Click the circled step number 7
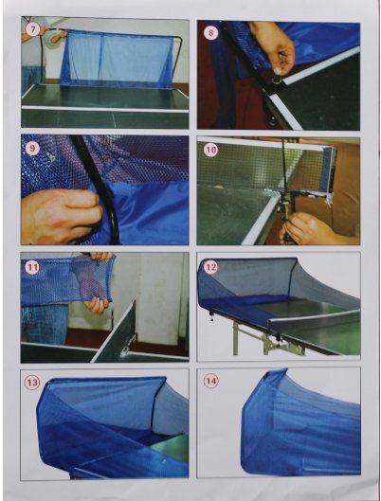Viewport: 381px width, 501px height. [x=32, y=29]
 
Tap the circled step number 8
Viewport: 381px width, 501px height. [x=211, y=32]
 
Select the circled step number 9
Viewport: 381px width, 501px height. [x=32, y=148]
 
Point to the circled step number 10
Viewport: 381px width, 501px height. [x=210, y=150]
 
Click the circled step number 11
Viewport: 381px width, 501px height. [x=32, y=267]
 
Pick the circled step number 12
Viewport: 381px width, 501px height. [x=210, y=267]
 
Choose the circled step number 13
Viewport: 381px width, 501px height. [x=32, y=383]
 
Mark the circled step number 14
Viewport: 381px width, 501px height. [x=210, y=381]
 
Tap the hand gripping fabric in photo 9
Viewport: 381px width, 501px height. [x=61, y=216]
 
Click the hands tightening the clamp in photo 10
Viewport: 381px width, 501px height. [x=307, y=228]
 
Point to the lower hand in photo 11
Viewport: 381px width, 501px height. [x=97, y=305]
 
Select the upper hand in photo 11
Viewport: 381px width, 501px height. [x=100, y=256]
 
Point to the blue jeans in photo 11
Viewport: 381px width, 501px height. [x=45, y=324]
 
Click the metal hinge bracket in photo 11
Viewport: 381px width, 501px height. [x=125, y=349]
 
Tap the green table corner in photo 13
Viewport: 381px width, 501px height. [x=170, y=447]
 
